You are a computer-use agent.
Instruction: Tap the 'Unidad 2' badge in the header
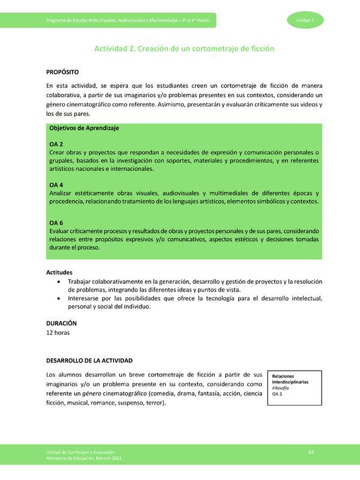pyautogui.click(x=310, y=20)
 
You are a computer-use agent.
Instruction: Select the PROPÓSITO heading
pyautogui.click(x=61, y=72)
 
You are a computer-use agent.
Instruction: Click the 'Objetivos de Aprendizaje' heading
pyautogui.click(x=84, y=128)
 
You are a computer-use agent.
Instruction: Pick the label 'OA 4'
pyautogui.click(x=56, y=185)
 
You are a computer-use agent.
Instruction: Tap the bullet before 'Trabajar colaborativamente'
pyautogui.click(x=58, y=281)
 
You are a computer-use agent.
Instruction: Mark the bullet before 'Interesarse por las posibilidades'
pyautogui.click(x=58, y=298)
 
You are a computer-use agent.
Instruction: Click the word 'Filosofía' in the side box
pyautogui.click(x=281, y=388)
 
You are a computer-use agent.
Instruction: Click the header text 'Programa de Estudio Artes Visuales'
pyautogui.click(x=96, y=21)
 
